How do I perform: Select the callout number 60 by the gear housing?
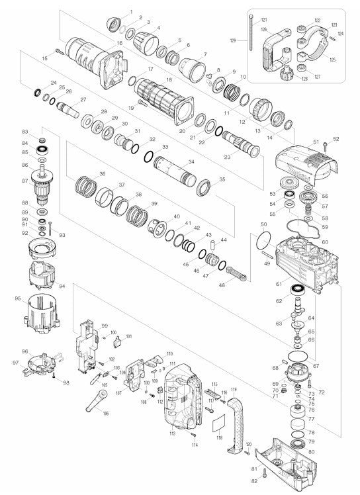click(x=325, y=243)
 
